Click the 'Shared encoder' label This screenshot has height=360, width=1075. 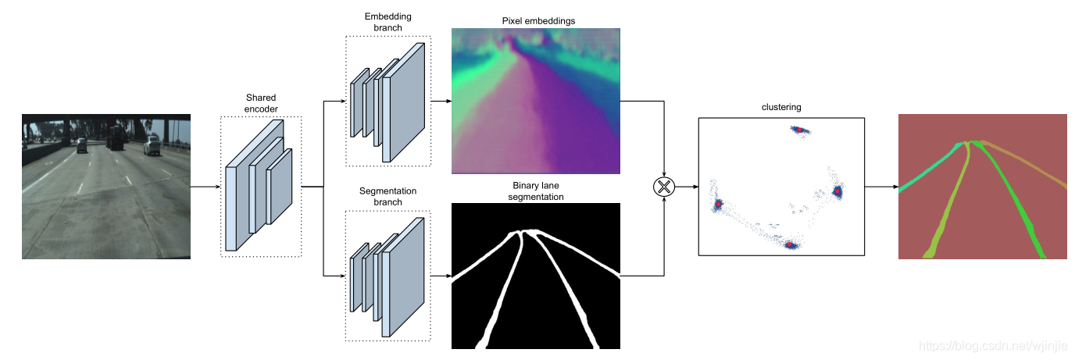261,104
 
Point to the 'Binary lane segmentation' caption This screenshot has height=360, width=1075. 537,191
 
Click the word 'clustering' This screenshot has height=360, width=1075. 780,108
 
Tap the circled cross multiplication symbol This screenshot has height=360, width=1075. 663,187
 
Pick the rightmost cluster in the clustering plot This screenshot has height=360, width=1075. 837,190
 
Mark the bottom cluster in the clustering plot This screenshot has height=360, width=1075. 790,244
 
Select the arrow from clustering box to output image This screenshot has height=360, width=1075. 882,187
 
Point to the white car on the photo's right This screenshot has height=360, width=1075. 152,145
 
